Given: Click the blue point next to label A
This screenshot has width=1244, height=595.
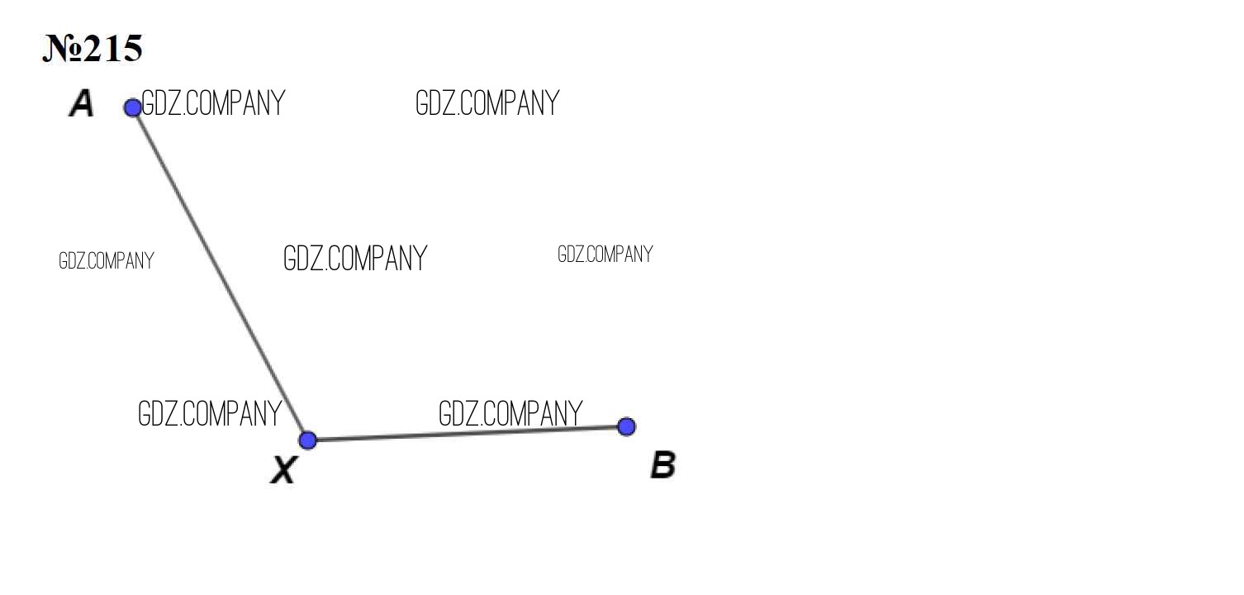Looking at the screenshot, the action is click(x=133, y=107).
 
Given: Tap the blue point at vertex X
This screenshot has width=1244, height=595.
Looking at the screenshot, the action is click(x=307, y=440).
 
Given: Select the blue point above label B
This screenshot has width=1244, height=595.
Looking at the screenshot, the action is click(x=626, y=426).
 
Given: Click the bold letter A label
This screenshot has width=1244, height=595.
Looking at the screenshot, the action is click(x=82, y=103).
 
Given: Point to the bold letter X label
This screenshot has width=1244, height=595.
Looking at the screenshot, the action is click(x=284, y=470).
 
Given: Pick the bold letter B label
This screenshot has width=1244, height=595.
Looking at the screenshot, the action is click(x=663, y=465).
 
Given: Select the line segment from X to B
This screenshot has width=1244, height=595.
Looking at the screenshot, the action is click(x=467, y=433).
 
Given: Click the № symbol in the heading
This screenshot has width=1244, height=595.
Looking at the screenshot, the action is click(x=63, y=49).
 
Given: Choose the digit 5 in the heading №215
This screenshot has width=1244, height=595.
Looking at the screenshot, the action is click(x=132, y=49).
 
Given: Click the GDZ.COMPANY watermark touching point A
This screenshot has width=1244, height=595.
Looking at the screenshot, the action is click(x=213, y=103).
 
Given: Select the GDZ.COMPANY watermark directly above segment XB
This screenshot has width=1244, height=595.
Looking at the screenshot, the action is click(x=510, y=414).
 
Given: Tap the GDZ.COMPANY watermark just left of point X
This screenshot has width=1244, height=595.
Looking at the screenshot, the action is click(x=210, y=414).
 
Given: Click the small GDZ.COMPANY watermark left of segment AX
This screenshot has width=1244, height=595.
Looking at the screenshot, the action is click(x=107, y=261).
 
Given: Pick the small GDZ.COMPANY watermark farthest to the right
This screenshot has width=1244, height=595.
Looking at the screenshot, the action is click(x=605, y=255).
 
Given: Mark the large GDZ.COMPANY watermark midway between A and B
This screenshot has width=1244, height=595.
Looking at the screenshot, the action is click(x=355, y=259).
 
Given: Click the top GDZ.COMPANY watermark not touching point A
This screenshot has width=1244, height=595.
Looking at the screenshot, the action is click(x=487, y=103).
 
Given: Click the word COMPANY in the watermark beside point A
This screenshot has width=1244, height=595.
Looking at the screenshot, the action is click(x=235, y=103).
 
